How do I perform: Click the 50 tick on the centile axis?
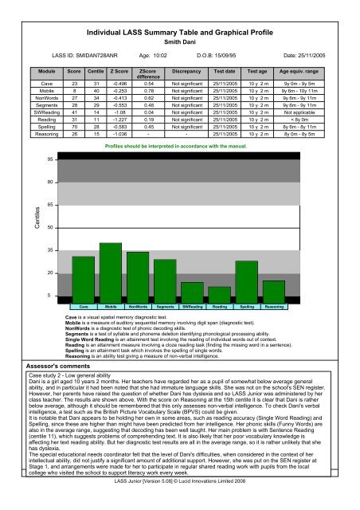pyautogui.click(x=50, y=228)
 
